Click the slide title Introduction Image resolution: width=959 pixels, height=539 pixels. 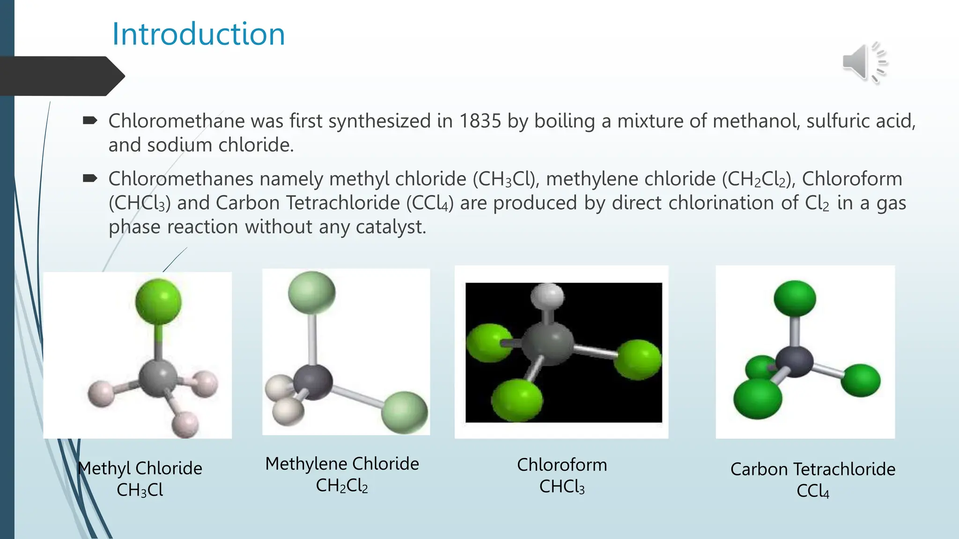199,34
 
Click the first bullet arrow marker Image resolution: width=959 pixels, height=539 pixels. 89,121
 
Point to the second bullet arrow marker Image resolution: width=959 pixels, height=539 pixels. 89,178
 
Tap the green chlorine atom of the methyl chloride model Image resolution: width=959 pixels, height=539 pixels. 158,302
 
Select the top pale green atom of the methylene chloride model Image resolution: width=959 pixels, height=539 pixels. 312,292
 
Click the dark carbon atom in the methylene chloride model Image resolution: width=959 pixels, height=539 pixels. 313,382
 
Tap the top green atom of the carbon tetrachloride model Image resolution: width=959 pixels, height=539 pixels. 795,299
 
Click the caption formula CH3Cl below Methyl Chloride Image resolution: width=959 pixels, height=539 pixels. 140,490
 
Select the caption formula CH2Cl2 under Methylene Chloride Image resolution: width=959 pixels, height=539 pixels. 342,486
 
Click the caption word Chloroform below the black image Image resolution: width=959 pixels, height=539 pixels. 562,465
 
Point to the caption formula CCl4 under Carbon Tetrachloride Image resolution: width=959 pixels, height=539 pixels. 813,491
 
